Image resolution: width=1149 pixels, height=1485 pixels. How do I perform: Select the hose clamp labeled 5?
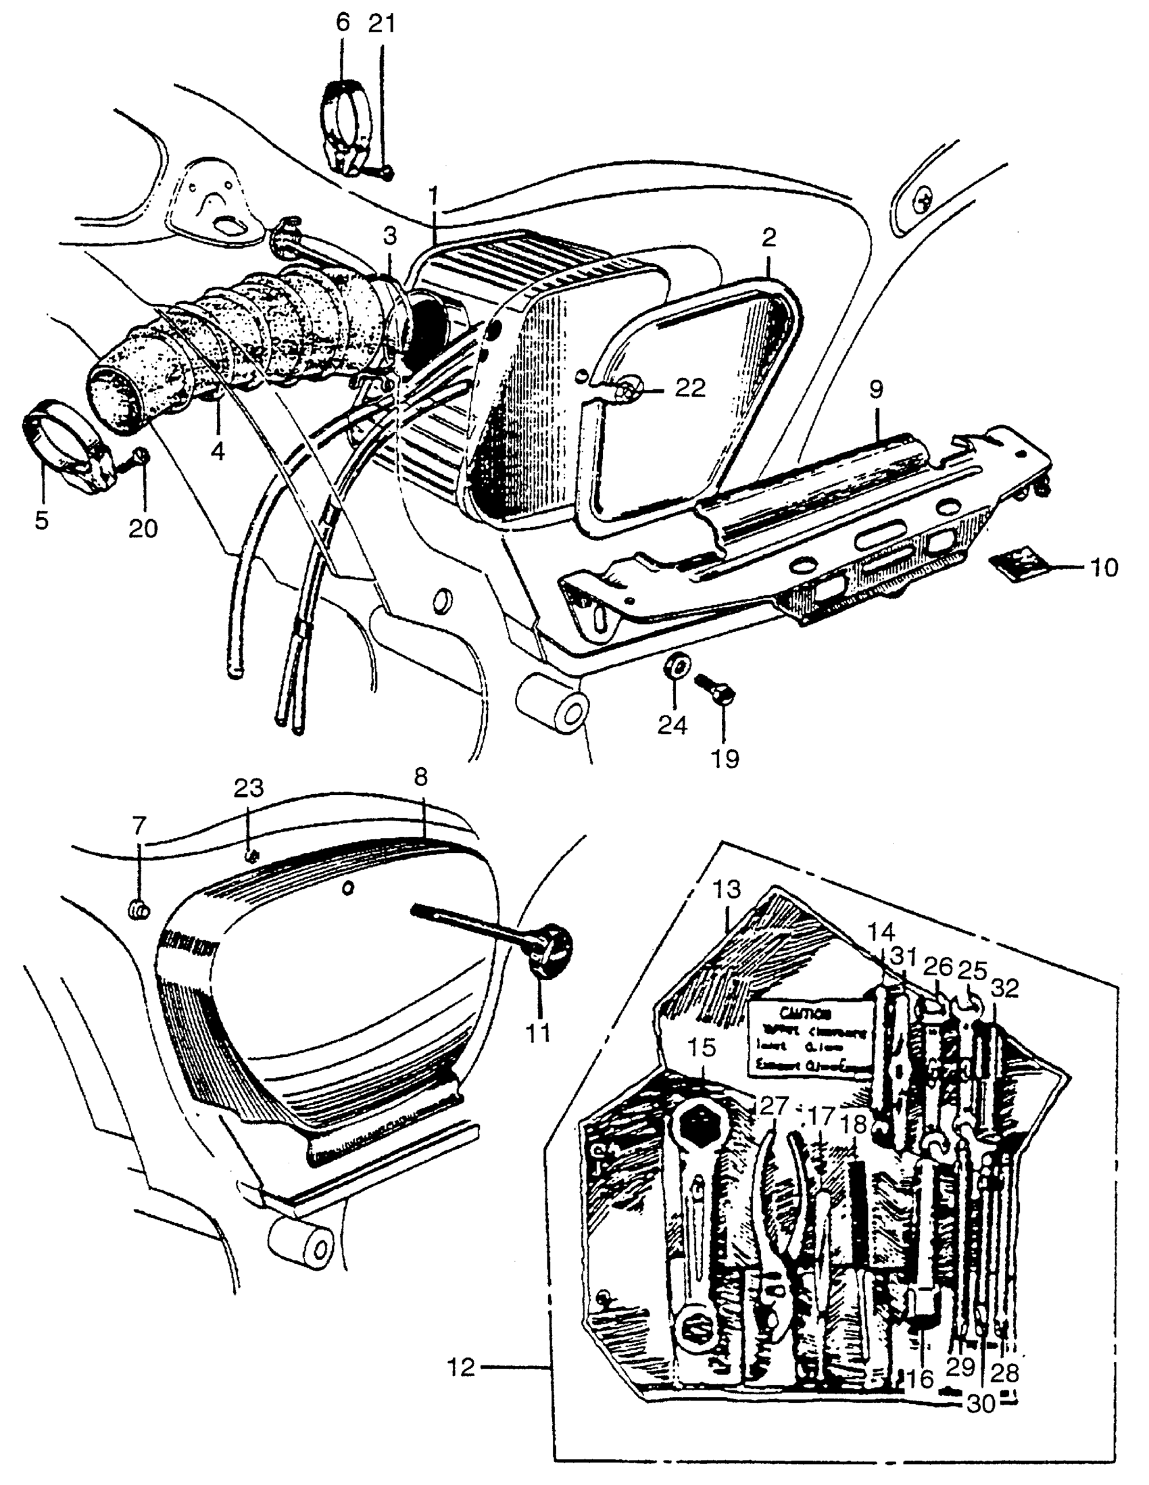pos(65,446)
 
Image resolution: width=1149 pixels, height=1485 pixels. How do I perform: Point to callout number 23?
pos(248,789)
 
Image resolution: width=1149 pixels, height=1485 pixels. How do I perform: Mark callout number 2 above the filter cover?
pos(769,238)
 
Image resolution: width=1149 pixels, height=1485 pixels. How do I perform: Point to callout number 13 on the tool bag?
pos(727,890)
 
